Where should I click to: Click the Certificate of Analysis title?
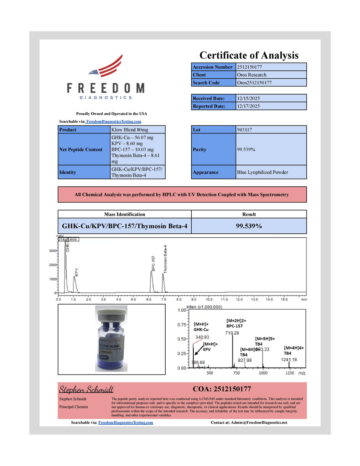[249, 56]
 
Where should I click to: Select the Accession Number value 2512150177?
[249, 67]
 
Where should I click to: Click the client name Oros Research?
[252, 75]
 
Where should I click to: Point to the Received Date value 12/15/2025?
[248, 98]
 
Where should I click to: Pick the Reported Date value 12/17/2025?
[248, 106]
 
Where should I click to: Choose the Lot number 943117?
[244, 130]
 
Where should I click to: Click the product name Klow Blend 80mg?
[130, 130]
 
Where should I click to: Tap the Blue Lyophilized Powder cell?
[262, 172]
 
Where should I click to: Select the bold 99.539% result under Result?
[249, 226]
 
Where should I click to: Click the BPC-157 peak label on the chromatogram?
[153, 263]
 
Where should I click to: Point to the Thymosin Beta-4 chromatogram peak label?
[165, 259]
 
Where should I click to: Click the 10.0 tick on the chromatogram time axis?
[209, 299]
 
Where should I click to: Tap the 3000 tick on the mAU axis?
[53, 251]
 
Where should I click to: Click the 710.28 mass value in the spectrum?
[232, 333]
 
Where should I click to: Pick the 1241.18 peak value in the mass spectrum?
[289, 359]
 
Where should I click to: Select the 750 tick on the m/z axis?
[236, 373]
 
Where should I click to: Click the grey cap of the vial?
[111, 313]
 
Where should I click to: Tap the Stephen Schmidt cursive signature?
[86, 389]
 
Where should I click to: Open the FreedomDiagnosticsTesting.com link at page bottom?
[126, 422]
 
